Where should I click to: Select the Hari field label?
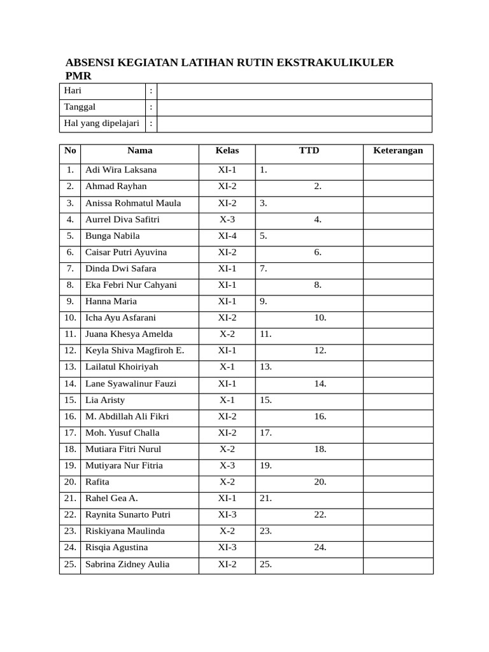pyautogui.click(x=73, y=90)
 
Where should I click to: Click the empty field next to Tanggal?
pyautogui.click(x=294, y=108)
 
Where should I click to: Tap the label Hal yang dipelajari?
pyautogui.click(x=102, y=124)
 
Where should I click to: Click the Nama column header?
pyautogui.click(x=139, y=151)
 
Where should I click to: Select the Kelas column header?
pyautogui.click(x=227, y=151)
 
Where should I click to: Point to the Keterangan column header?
pyautogui.click(x=398, y=151)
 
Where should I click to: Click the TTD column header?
pyautogui.click(x=309, y=151)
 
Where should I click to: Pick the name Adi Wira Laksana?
pyautogui.click(x=121, y=170)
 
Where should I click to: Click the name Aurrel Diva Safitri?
pyautogui.click(x=122, y=220)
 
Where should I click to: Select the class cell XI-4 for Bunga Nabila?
pyautogui.click(x=227, y=236)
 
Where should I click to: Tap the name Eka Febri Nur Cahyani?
pyautogui.click(x=131, y=285)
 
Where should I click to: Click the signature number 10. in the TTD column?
pyautogui.click(x=320, y=318)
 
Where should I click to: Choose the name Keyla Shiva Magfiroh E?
pyautogui.click(x=135, y=351)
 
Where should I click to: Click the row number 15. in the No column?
pyautogui.click(x=70, y=400)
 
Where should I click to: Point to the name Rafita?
pyautogui.click(x=97, y=482)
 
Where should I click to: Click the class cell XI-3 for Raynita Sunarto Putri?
pyautogui.click(x=227, y=514)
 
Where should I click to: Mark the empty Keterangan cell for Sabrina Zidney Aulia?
pyautogui.click(x=398, y=565)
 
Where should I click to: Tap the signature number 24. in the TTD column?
pyautogui.click(x=320, y=548)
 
